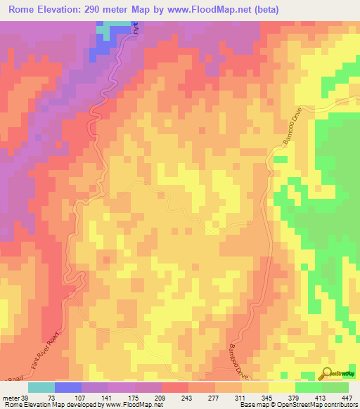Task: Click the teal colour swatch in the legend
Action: [x=41, y=387]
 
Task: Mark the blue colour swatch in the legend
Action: [x=68, y=387]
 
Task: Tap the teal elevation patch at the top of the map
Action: [x=107, y=30]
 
